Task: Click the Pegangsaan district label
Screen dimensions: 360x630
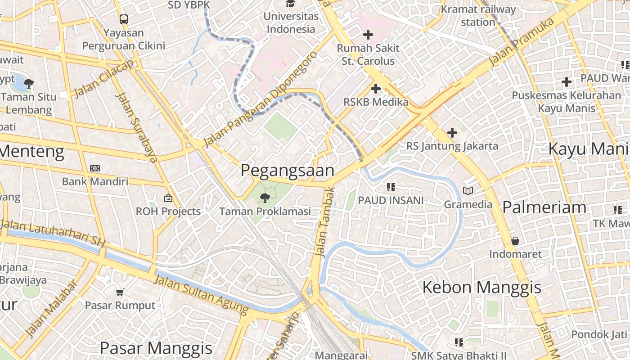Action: coord(287,171)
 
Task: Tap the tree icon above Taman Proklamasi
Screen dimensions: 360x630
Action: coord(265,198)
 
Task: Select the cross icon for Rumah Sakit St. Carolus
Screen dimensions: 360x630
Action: coord(368,34)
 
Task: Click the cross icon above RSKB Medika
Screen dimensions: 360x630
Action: coord(375,89)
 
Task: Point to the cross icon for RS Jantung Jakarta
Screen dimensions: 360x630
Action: coord(452,133)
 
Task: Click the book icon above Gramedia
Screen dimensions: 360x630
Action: coord(468,191)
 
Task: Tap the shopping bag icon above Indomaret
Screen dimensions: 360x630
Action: coord(515,241)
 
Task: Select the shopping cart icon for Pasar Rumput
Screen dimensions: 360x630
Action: coord(120,292)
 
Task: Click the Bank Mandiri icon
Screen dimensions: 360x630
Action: coord(94,168)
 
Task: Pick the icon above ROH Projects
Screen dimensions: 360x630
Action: coord(168,198)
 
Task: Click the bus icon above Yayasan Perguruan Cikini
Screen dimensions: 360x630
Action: coord(123,19)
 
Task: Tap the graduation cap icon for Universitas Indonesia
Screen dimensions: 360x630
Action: coord(290,4)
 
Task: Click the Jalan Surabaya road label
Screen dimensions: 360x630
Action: coord(136,127)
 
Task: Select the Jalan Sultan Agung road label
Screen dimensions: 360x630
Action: coord(201,294)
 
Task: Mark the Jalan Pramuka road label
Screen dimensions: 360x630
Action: coord(522,42)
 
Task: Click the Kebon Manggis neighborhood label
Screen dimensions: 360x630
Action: coord(481,287)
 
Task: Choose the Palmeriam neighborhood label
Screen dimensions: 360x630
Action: coord(544,207)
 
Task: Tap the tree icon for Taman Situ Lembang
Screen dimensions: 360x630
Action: coord(29,83)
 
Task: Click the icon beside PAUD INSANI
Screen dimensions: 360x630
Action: coord(391,187)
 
